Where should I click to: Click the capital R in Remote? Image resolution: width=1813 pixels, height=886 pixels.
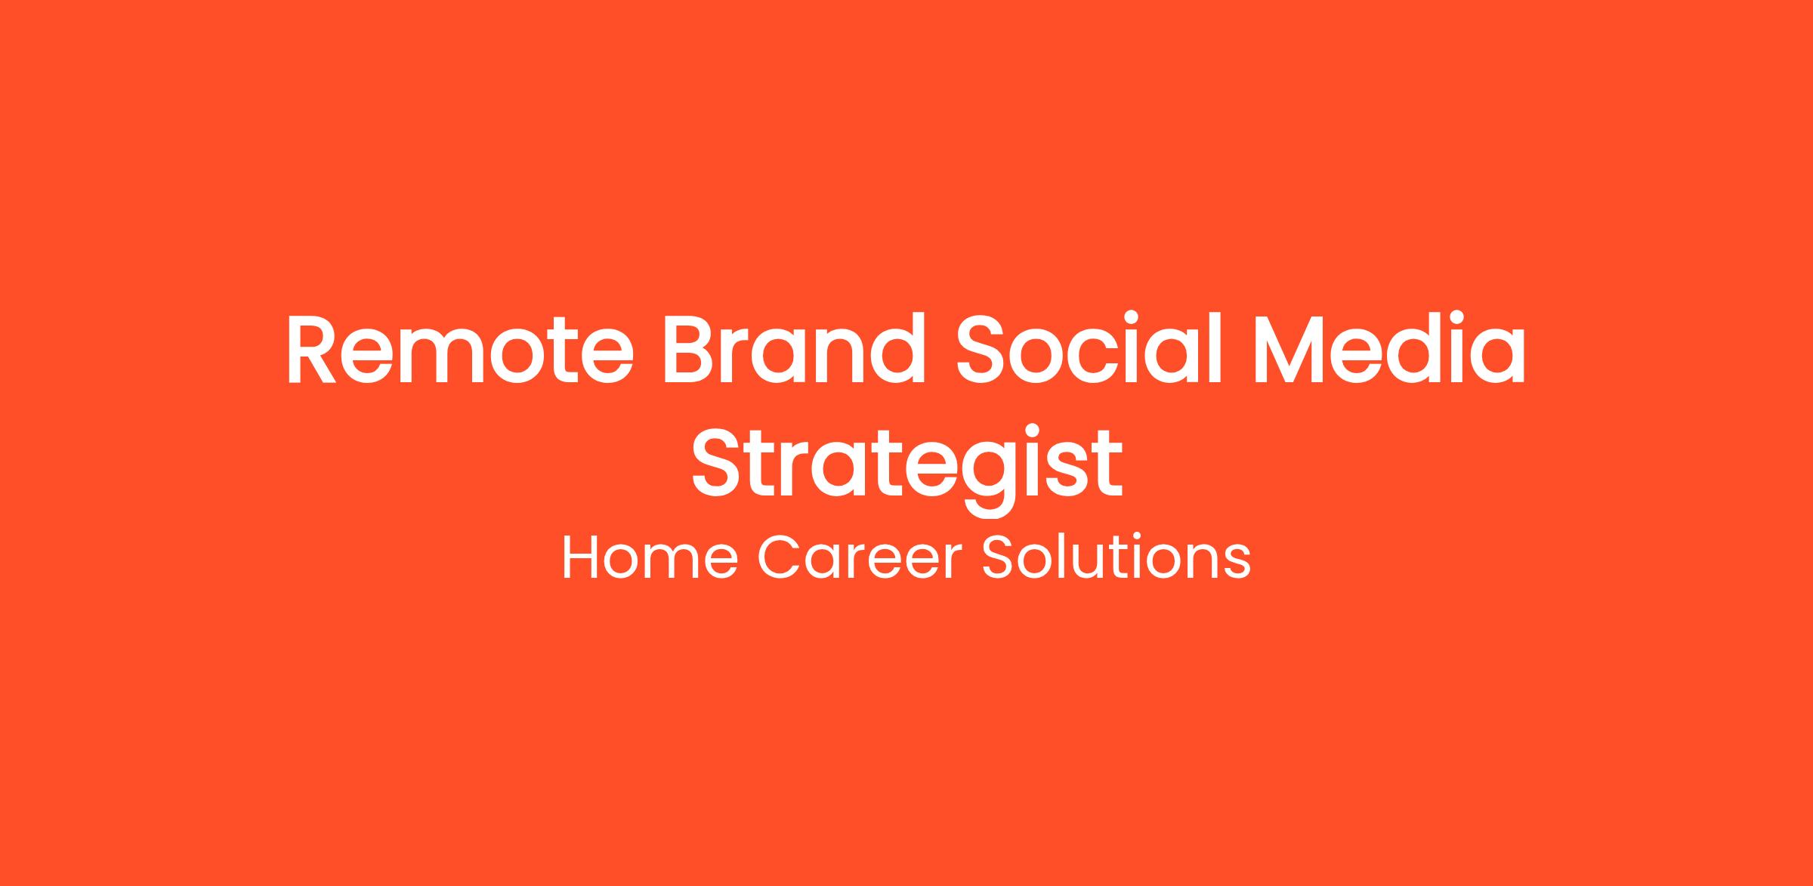(x=311, y=349)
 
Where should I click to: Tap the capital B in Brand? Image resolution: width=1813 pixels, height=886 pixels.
(x=688, y=349)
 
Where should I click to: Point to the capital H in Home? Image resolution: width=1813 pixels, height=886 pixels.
(x=581, y=559)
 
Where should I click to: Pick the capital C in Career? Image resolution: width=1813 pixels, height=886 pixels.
(x=777, y=559)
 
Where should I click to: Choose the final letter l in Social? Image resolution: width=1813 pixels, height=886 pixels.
(x=1215, y=347)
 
